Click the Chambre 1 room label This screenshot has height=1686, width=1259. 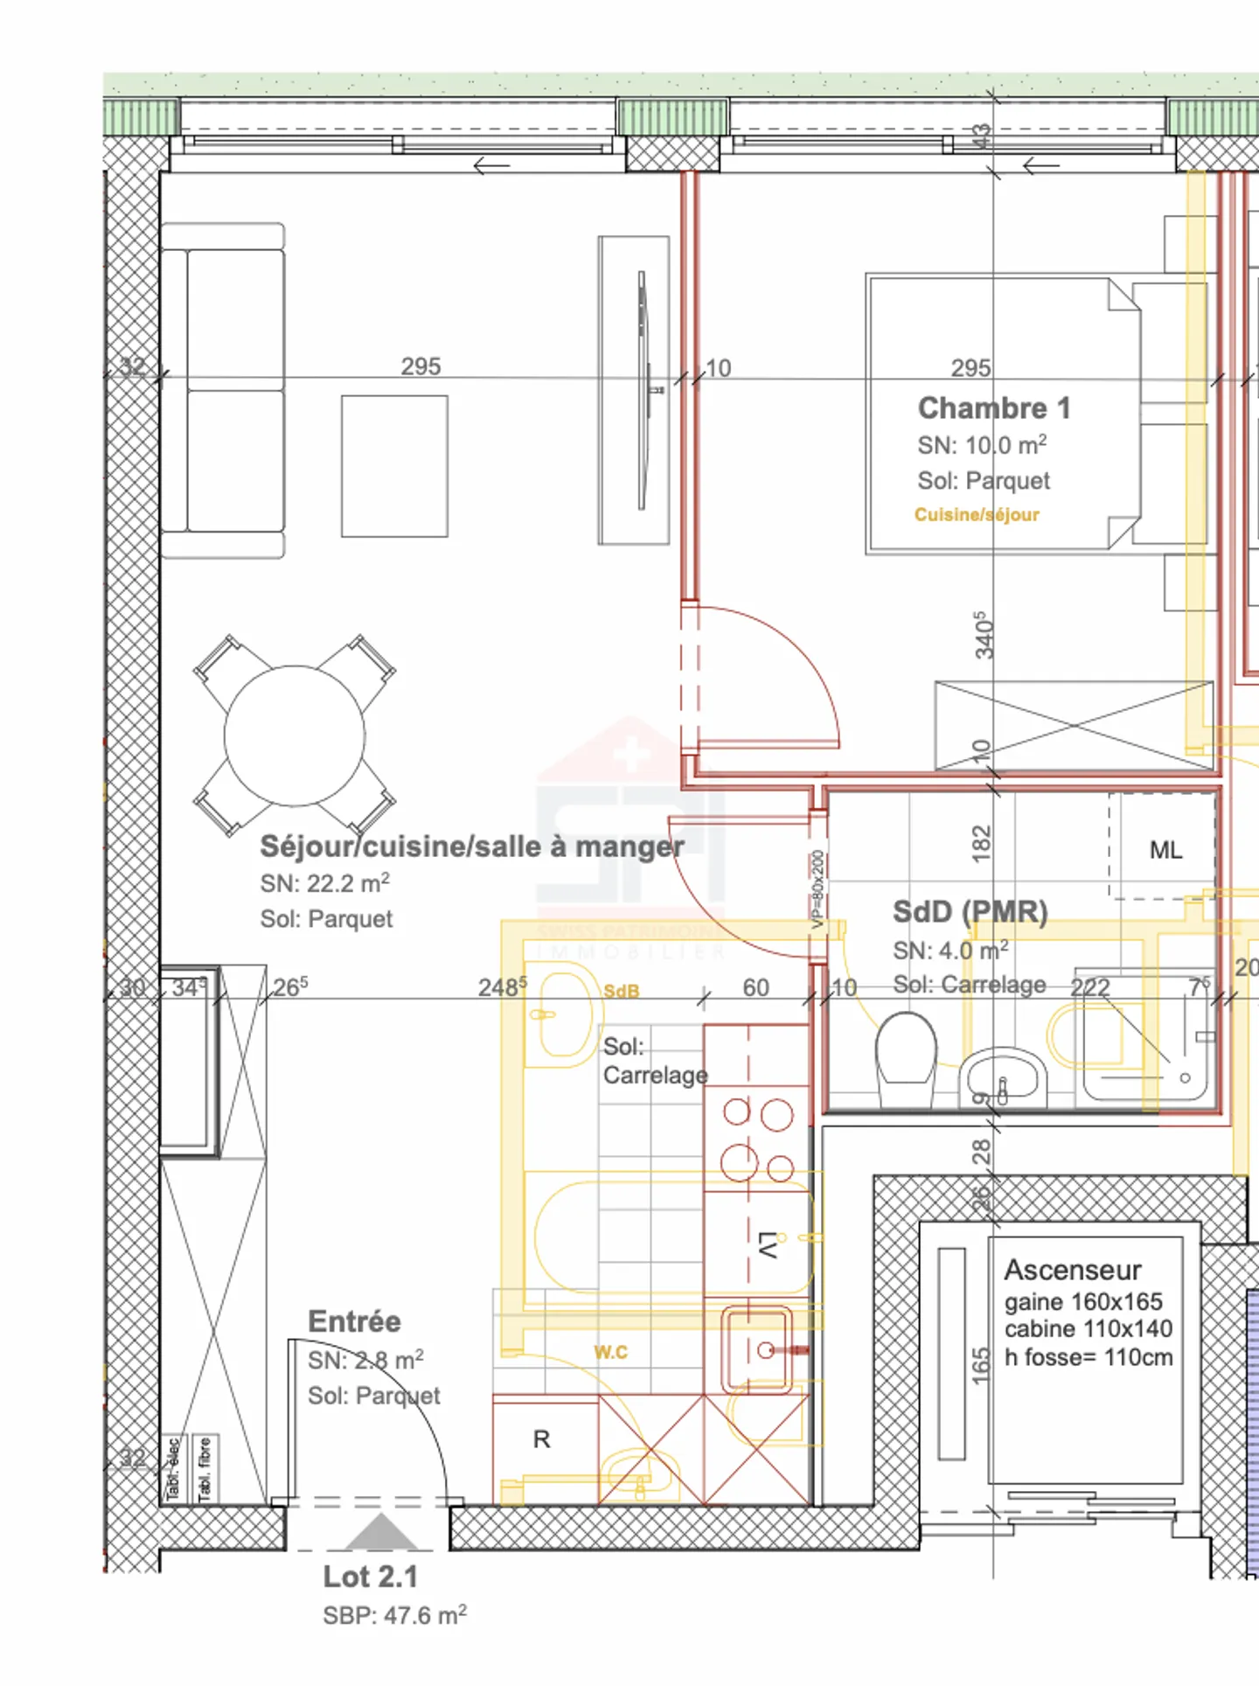coord(994,408)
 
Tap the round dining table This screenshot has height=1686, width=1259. coord(295,735)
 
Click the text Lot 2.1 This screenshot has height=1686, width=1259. coord(371,1577)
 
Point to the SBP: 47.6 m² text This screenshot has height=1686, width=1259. coord(394,1615)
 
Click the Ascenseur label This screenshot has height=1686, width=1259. coord(1073,1270)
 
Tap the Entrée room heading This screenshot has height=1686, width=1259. coord(354,1321)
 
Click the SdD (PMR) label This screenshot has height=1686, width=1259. coord(970,911)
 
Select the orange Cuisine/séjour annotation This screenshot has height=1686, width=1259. coord(977,515)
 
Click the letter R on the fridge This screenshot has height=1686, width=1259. coord(542,1439)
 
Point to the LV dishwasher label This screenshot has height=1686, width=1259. coord(769,1245)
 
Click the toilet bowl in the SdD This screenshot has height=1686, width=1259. coord(906,1047)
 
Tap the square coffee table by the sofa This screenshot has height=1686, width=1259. coord(394,466)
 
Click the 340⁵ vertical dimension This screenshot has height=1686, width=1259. coord(984,635)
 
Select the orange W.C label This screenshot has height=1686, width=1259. coord(610,1353)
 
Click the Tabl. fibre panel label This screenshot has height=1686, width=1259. coord(205,1469)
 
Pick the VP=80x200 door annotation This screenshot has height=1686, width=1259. coord(817,889)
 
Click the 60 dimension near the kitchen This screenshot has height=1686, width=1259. coord(755,987)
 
